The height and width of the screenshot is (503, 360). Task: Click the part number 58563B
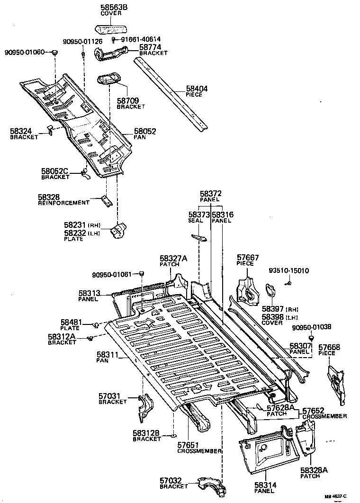pyautogui.click(x=111, y=8)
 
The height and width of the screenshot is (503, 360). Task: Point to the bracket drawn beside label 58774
pyautogui.click(x=111, y=53)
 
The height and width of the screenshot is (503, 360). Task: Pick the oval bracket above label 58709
pyautogui.click(x=108, y=80)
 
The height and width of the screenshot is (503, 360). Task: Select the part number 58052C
pyautogui.click(x=55, y=171)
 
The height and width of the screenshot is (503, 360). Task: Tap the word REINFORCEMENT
pyautogui.click(x=63, y=203)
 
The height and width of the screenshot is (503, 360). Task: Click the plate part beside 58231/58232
pyautogui.click(x=117, y=231)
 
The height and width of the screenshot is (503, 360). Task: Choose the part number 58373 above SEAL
pyautogui.click(x=199, y=215)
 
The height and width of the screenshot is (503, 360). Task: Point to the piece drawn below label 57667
pyautogui.click(x=248, y=290)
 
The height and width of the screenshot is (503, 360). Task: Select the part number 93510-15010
pyautogui.click(x=288, y=271)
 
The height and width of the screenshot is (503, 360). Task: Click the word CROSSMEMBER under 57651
pyautogui.click(x=199, y=451)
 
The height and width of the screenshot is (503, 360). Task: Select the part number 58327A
pyautogui.click(x=173, y=258)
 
